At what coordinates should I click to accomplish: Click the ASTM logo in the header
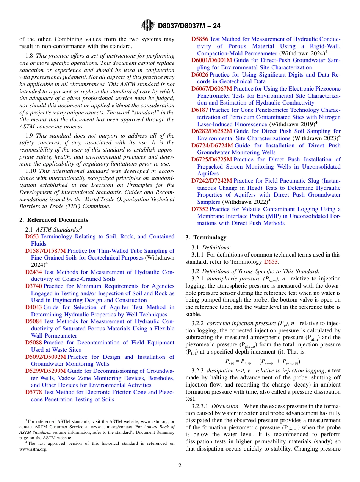pos(148,25)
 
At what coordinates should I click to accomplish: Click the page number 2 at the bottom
pos(180,466)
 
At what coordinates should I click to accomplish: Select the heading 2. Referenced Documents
pos(54,220)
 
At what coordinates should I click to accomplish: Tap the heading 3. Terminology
pos(206,238)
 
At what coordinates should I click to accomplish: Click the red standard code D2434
pos(34,272)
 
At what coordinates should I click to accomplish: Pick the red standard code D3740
pos(34,286)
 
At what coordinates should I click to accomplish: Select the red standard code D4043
pos(34,307)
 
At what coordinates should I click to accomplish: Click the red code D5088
pos(34,343)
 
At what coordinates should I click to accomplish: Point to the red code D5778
pos(34,392)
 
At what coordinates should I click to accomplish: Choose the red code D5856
pos(200,39)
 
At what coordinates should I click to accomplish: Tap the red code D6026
pos(200,75)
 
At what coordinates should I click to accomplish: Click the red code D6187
pos(200,110)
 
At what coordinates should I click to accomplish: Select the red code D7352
pos(200,209)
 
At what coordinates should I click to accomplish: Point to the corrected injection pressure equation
pos(263,361)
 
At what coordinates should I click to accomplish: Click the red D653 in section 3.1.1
pos(271,262)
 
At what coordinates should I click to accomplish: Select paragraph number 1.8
pos(30,56)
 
